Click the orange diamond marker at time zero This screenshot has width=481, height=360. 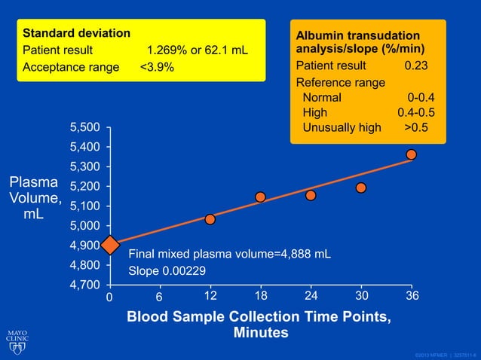[109, 245]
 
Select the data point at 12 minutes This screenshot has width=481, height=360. [210, 219]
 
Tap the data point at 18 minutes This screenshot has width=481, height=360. [260, 197]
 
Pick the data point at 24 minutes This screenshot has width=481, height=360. [311, 195]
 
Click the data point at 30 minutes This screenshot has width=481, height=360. [361, 188]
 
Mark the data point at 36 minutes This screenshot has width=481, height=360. [411, 154]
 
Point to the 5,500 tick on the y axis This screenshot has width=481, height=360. [84, 127]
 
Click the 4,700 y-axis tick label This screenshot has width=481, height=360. [84, 285]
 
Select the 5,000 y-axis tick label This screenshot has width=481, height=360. [84, 226]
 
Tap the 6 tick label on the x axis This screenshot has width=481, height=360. [159, 297]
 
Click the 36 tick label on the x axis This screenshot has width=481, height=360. [412, 296]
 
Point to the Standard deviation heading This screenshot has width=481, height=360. [76, 34]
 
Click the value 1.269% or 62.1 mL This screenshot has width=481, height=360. [198, 50]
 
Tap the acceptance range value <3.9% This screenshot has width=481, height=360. [157, 67]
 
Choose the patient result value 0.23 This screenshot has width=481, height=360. [416, 66]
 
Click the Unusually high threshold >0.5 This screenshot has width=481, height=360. [417, 127]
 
